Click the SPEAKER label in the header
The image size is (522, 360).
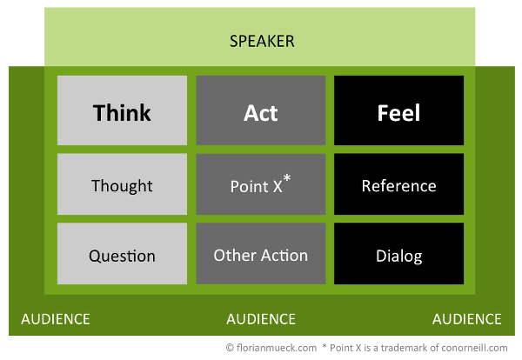(262, 41)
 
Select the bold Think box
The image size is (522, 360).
(122, 110)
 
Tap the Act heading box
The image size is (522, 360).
(261, 110)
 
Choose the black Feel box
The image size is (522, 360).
(398, 110)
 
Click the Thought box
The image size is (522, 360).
(122, 184)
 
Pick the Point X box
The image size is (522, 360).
(261, 184)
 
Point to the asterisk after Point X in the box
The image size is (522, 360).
(287, 178)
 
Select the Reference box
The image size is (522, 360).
(398, 184)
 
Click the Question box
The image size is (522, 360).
(122, 254)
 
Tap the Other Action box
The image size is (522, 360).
(261, 254)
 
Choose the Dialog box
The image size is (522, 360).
(398, 254)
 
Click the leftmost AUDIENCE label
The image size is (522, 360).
(56, 319)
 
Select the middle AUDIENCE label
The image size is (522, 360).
(261, 319)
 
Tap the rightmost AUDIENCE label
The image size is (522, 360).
(466, 319)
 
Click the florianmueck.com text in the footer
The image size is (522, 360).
(277, 348)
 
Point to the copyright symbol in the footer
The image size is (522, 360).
(230, 348)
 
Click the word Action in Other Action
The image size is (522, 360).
(284, 256)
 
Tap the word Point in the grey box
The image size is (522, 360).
(250, 186)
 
